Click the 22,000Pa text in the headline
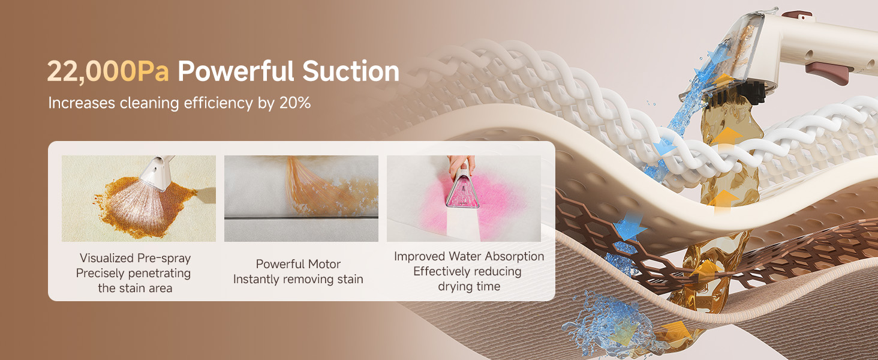point(108,71)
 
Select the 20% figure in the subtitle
point(295,103)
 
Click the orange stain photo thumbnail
point(139,199)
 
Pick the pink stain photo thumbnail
point(464,199)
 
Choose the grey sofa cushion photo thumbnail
point(301,199)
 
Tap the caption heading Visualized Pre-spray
point(135,258)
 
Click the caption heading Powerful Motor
point(298,264)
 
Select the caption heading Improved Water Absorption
point(469,256)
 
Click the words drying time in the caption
point(469,287)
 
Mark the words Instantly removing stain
point(298,279)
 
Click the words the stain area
point(135,288)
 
